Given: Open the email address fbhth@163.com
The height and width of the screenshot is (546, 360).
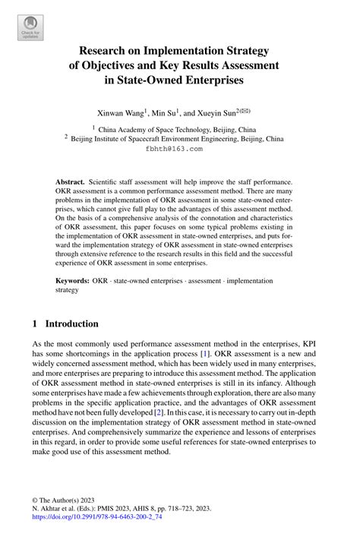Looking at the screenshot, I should [x=174, y=150].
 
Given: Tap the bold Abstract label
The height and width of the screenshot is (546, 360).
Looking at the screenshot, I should [x=70, y=184].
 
